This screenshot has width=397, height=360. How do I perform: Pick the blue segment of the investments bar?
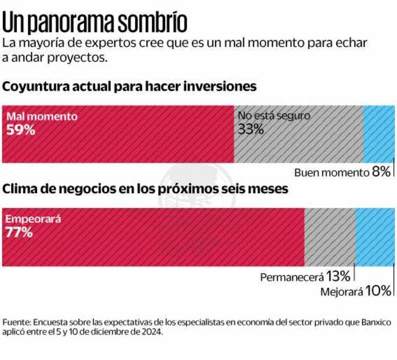(378, 135)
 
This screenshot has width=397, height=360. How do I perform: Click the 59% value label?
(21, 129)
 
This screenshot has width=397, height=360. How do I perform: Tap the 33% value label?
(251, 129)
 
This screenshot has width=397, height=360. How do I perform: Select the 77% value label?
(20, 233)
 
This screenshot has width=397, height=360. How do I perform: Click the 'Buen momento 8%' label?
(342, 172)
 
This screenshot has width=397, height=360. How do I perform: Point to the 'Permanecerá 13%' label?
(305, 276)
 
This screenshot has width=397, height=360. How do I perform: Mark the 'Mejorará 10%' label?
(356, 291)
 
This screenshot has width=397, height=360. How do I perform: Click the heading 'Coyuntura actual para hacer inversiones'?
(129, 87)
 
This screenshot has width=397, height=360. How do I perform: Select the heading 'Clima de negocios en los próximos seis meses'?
(146, 189)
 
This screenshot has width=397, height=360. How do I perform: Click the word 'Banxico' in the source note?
(374, 322)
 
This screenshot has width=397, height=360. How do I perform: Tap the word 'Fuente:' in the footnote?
(17, 322)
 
